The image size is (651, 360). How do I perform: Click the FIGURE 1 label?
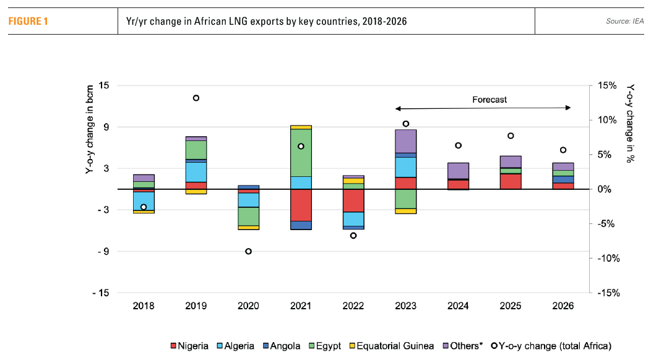pos(28,22)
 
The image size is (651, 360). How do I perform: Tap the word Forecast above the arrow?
pos(489,99)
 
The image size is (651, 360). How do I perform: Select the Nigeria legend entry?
pos(189,346)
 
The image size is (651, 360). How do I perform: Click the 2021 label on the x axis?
pos(301,306)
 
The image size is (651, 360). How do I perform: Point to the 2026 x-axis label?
pos(563,306)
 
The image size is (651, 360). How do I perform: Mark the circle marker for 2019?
pos(196,98)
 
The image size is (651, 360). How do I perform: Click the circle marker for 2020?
pos(248,251)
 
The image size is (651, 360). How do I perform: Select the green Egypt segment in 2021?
pos(301,152)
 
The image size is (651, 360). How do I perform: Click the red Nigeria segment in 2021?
pos(301,205)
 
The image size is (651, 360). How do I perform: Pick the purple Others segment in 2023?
pos(405,140)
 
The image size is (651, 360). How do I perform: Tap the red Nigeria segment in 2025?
pos(511,181)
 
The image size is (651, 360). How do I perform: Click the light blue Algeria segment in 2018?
pos(144,201)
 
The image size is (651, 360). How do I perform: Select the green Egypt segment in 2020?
pos(248,216)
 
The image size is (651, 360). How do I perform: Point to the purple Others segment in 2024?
pos(458,170)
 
